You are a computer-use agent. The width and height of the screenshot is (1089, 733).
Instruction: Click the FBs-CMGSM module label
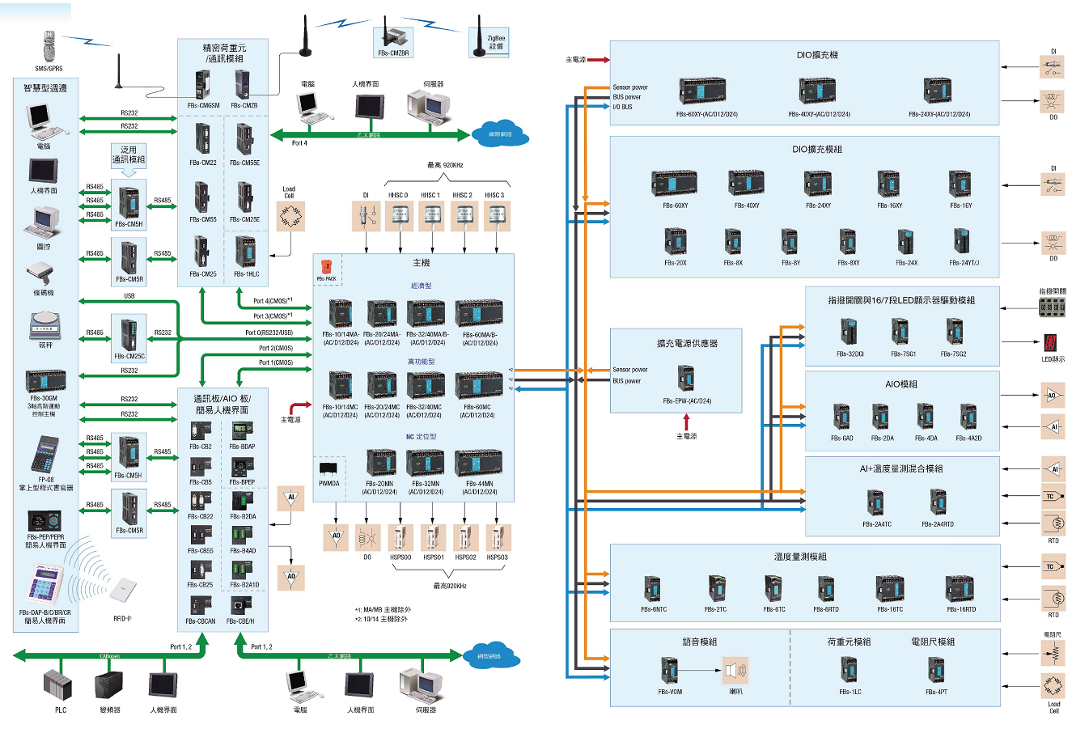tap(203, 105)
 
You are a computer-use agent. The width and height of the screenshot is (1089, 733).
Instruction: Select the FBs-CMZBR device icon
tap(393, 37)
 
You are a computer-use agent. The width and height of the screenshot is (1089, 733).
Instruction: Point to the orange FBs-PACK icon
tap(326, 267)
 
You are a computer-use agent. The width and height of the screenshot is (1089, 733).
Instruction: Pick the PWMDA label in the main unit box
tap(329, 483)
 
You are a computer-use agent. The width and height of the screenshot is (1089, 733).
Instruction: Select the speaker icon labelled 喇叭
tap(735, 671)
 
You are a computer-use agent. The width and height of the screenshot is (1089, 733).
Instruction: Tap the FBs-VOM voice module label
tap(670, 692)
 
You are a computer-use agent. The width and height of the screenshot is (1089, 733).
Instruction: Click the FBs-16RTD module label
tap(961, 609)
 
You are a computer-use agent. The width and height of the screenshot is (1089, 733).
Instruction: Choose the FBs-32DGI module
tap(849, 332)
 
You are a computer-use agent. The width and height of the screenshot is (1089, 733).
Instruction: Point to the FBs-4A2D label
tap(968, 438)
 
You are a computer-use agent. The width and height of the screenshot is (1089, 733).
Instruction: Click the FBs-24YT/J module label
tap(964, 262)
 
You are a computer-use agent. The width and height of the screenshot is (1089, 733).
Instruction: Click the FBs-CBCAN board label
tap(200, 621)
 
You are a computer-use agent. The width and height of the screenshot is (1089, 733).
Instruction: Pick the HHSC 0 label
tap(398, 195)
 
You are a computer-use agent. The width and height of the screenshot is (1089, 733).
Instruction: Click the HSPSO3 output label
tap(497, 557)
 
